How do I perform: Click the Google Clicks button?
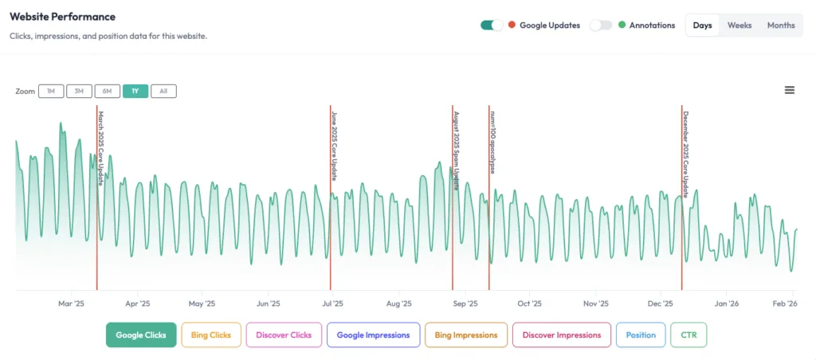[141, 335]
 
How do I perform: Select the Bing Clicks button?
[211, 335]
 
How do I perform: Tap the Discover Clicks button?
[284, 335]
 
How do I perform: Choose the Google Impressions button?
[373, 335]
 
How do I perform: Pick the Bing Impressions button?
[466, 335]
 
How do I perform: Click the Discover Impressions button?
[562, 335]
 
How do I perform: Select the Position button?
[641, 335]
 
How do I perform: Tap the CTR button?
[688, 335]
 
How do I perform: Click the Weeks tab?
[739, 25]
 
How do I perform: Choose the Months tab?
[781, 25]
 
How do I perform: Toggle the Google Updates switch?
[492, 25]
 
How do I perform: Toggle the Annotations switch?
[601, 25]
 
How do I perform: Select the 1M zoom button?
[51, 92]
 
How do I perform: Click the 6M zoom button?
[107, 92]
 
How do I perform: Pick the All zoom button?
[163, 92]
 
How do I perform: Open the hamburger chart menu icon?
[790, 90]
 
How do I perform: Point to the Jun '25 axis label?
[268, 303]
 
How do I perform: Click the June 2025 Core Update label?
[335, 145]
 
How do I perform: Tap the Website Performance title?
[62, 17]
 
